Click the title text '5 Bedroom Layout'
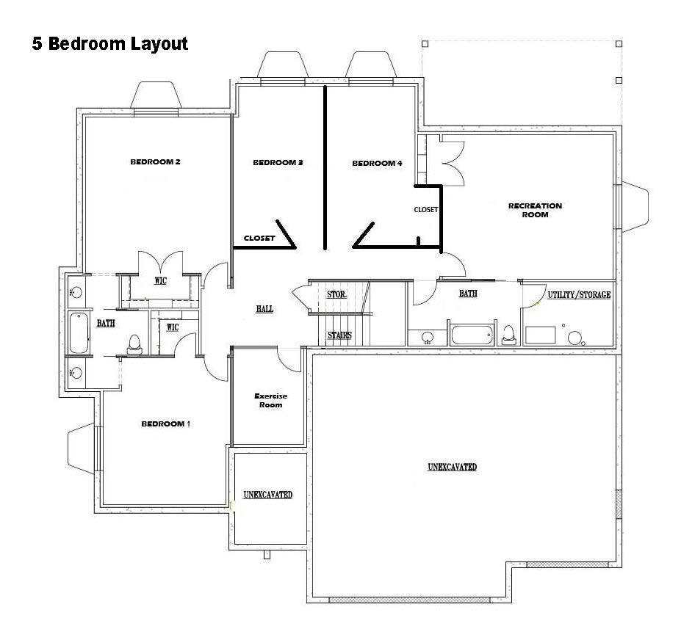(x=110, y=44)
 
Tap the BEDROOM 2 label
(x=155, y=162)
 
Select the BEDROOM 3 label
(x=278, y=163)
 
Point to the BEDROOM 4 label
(x=377, y=164)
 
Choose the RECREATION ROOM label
(x=535, y=210)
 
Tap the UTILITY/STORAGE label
(x=578, y=295)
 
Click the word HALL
(x=264, y=309)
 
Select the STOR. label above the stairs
(x=336, y=294)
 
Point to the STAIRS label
(x=339, y=335)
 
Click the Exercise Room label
(x=270, y=400)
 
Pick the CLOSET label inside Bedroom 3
(x=259, y=238)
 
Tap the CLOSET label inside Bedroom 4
(x=425, y=210)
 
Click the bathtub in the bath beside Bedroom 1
(x=78, y=333)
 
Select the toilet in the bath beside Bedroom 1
(x=134, y=343)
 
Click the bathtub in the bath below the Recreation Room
(x=470, y=335)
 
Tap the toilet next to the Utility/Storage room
(x=508, y=334)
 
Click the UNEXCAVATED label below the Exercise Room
(x=268, y=495)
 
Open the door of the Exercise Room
(x=289, y=357)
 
